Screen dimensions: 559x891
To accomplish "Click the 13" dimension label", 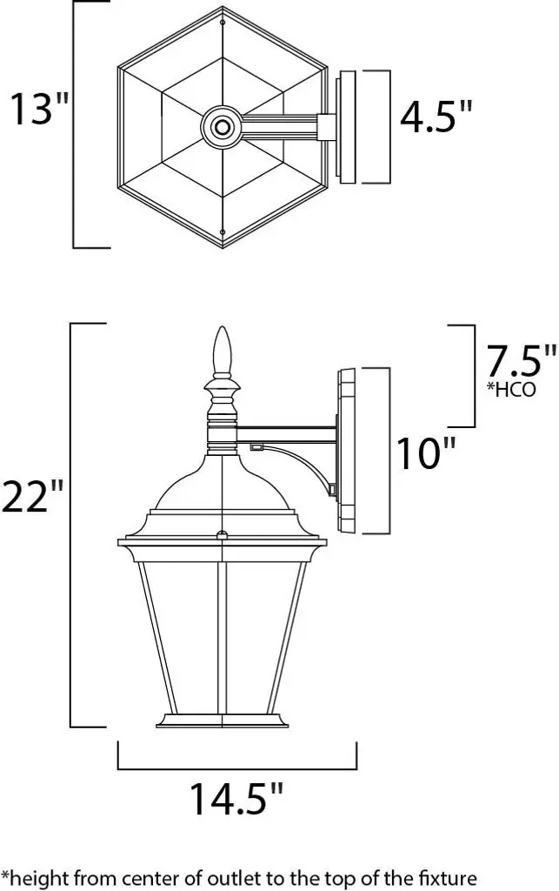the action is [39, 109].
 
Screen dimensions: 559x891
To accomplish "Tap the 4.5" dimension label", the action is [436, 117].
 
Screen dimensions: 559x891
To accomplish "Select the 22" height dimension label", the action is [33, 495].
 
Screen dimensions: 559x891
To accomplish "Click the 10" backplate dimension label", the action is [426, 453].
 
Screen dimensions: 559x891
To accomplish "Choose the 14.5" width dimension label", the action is [236, 799].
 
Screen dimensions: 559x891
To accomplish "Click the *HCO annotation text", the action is [511, 389].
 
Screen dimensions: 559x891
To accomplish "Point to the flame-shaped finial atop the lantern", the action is [223, 351].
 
